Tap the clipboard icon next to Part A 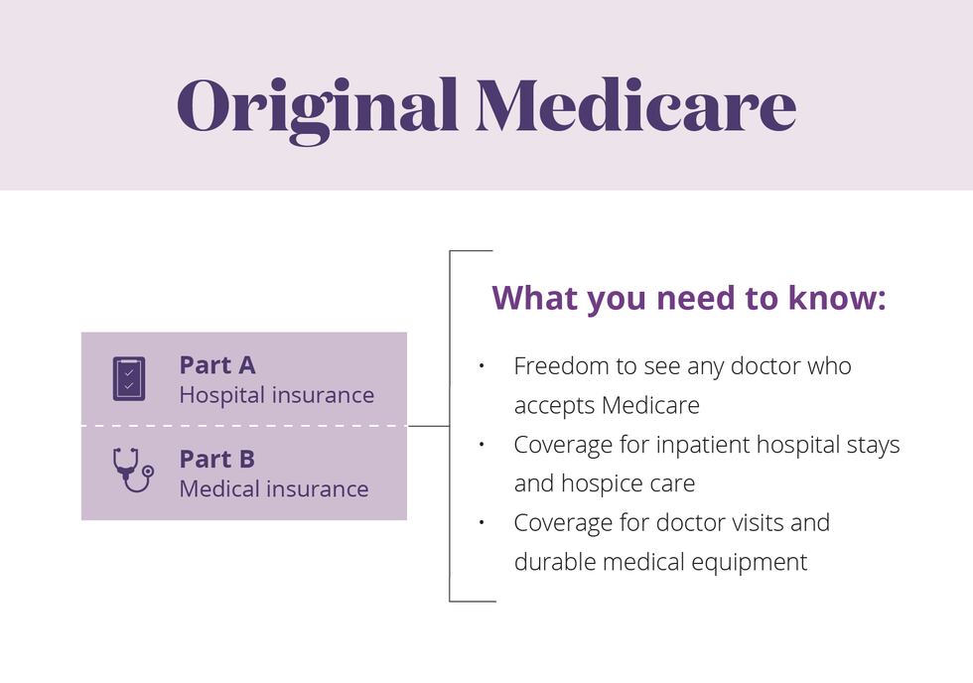click(x=129, y=379)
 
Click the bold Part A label click(x=217, y=365)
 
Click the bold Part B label click(x=217, y=460)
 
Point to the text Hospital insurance click(x=276, y=395)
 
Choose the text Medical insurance click(x=273, y=489)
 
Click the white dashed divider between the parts click(x=243, y=426)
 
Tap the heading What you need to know click(x=688, y=298)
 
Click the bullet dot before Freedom click(x=481, y=366)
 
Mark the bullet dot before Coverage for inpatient click(x=481, y=445)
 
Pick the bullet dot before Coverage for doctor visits click(x=481, y=522)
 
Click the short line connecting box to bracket click(x=428, y=426)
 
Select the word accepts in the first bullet click(x=554, y=405)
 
